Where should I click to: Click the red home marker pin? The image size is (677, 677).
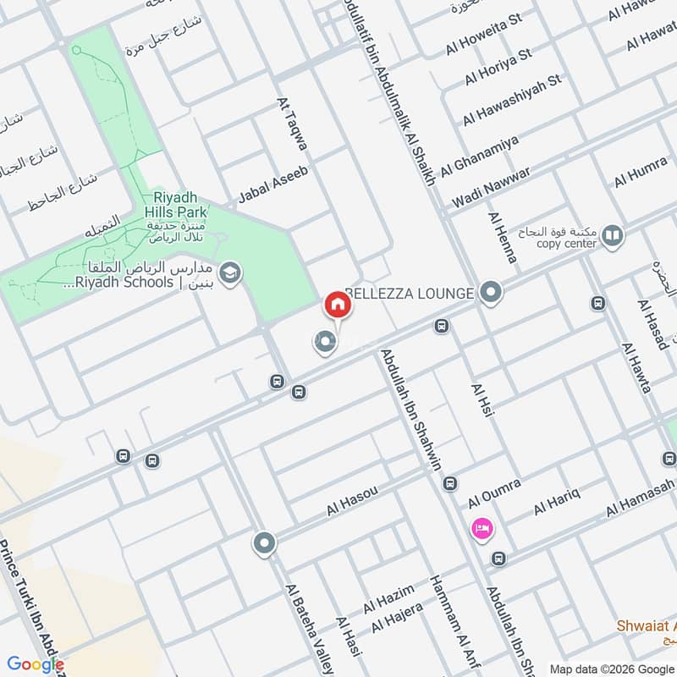(336, 304)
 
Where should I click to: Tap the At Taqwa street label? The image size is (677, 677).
(293, 128)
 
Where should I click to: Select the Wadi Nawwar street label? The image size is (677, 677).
(491, 188)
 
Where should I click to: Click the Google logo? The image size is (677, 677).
(36, 663)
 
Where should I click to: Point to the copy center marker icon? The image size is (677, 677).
(613, 237)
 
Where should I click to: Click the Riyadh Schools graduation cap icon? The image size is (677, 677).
(228, 273)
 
